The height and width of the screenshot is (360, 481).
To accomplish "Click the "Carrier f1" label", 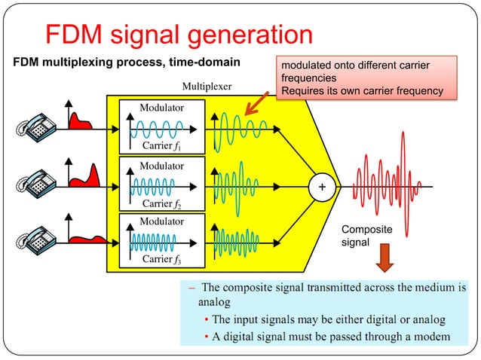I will click(x=162, y=145).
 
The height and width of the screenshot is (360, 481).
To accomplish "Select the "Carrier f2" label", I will click(x=162, y=203).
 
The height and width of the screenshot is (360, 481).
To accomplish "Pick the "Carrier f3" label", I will click(x=162, y=261).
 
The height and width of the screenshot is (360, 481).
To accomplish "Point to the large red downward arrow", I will click(x=385, y=258).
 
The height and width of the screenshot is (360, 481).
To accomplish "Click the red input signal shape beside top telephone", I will click(x=80, y=120).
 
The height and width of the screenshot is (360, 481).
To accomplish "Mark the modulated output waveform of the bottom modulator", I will click(x=236, y=241).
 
